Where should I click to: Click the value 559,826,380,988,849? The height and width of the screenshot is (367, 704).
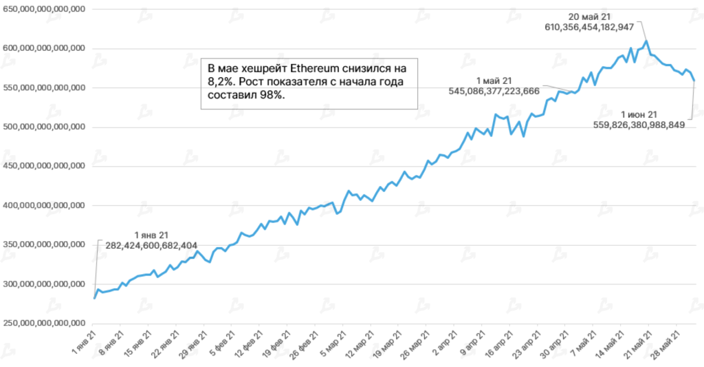[639, 125]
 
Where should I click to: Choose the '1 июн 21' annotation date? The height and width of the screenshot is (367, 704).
[639, 114]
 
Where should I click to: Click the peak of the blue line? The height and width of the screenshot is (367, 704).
[646, 41]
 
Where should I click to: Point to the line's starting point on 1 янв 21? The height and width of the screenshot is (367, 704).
[94, 298]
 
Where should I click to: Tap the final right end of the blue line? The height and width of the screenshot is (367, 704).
[694, 81]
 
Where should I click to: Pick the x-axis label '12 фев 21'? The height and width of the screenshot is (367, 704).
[247, 342]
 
